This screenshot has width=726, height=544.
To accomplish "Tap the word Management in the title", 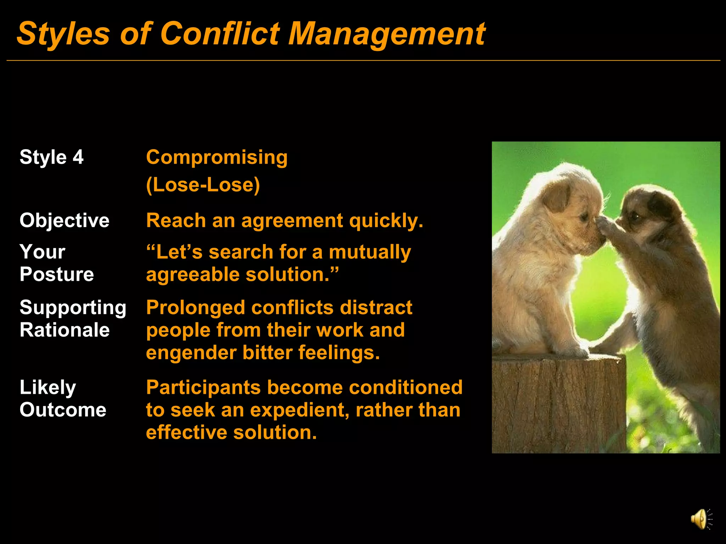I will pos(386,34).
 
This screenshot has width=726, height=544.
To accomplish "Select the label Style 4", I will pos(51,157).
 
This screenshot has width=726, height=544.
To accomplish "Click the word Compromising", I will pos(217,158).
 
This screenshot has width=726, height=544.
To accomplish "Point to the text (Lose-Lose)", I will pos(203,185).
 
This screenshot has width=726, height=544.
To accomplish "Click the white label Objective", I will pos(64,220).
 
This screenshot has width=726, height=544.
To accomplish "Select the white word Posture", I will pos(57,274).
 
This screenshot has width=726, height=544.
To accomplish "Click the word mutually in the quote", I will pos(370,252).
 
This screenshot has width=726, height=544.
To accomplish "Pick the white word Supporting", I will pos(73,307).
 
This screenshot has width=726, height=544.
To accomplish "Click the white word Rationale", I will pos(65,330).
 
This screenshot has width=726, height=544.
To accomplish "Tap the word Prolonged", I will pos(195,307).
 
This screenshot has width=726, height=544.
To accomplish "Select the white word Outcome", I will pos(63,410).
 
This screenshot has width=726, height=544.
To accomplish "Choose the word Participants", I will pos(203,387).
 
